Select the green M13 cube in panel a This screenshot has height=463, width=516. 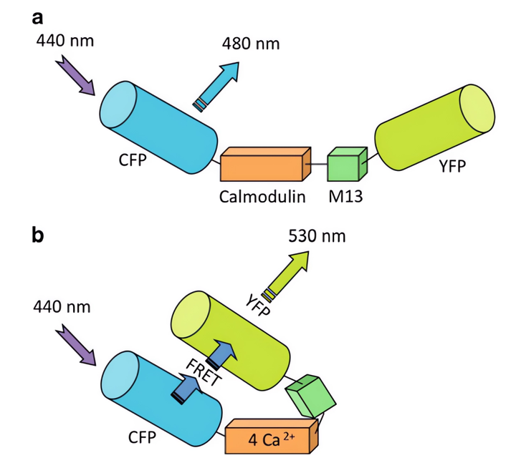(x=346, y=165)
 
